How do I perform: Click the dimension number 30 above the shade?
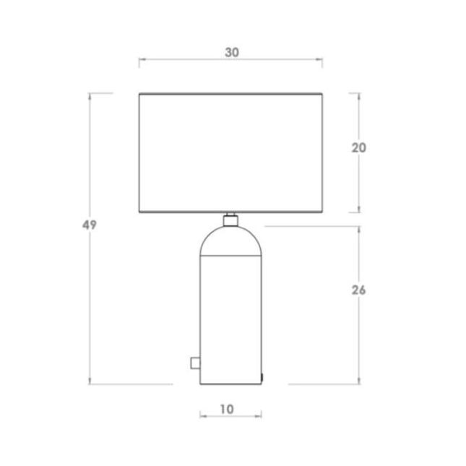pos(232,53)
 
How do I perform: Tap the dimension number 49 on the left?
pos(90,225)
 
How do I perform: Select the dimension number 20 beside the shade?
pos(359,147)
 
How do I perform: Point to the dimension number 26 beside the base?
pos(359,290)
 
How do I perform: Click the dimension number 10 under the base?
pos(227,410)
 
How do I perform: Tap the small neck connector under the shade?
pos(230,220)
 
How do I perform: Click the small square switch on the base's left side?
pos(195,363)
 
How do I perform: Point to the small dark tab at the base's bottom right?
pos(262,377)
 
